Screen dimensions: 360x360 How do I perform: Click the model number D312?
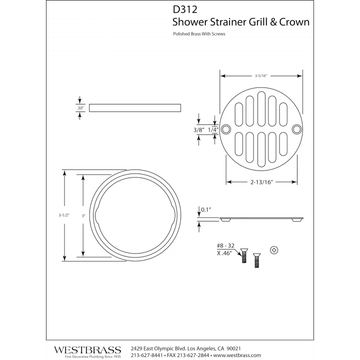185,9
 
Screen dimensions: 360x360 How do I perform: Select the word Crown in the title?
294,22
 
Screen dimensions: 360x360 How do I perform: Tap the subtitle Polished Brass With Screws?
199,34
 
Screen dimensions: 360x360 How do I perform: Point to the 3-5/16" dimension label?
261,76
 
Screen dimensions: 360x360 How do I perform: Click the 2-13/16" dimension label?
261,182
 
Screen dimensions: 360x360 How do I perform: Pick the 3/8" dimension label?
199,130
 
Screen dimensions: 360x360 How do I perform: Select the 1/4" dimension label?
213,130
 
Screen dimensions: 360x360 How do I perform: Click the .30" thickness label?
80,108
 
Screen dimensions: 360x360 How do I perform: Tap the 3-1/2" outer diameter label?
64,215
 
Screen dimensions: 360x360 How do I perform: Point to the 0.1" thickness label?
206,209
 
